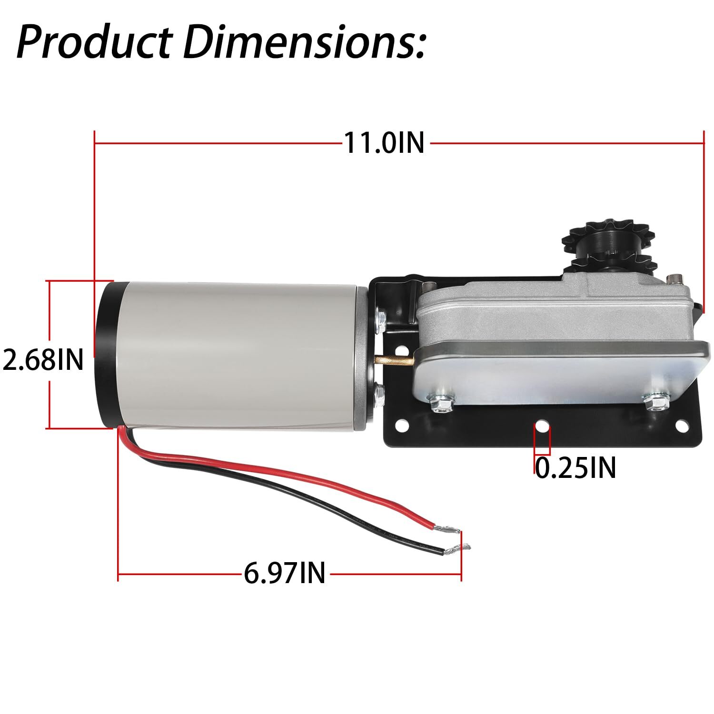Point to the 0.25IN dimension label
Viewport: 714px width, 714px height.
pos(575,467)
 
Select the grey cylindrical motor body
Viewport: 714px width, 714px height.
pos(238,357)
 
